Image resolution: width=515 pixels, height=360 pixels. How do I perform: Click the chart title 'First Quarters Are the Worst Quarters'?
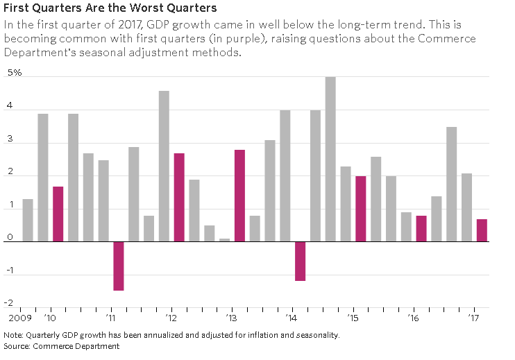110,9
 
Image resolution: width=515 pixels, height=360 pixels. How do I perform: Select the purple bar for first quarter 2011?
119,266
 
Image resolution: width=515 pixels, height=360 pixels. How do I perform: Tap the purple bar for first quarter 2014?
301,261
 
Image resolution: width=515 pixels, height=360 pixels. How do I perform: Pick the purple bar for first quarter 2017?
482,230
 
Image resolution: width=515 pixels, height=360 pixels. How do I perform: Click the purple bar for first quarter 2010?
58,214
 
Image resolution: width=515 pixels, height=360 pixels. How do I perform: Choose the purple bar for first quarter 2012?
179,197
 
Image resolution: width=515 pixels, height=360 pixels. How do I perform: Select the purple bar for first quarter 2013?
239,196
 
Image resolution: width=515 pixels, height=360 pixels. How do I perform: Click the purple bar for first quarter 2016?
421,228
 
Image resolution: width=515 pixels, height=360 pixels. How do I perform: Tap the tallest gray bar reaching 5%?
330,159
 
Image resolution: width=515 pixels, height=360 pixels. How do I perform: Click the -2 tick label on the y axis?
10,302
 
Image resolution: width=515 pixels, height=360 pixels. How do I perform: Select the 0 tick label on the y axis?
10,237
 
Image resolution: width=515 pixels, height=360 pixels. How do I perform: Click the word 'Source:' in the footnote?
18,345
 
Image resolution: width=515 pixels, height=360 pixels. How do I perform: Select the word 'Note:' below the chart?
14,335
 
